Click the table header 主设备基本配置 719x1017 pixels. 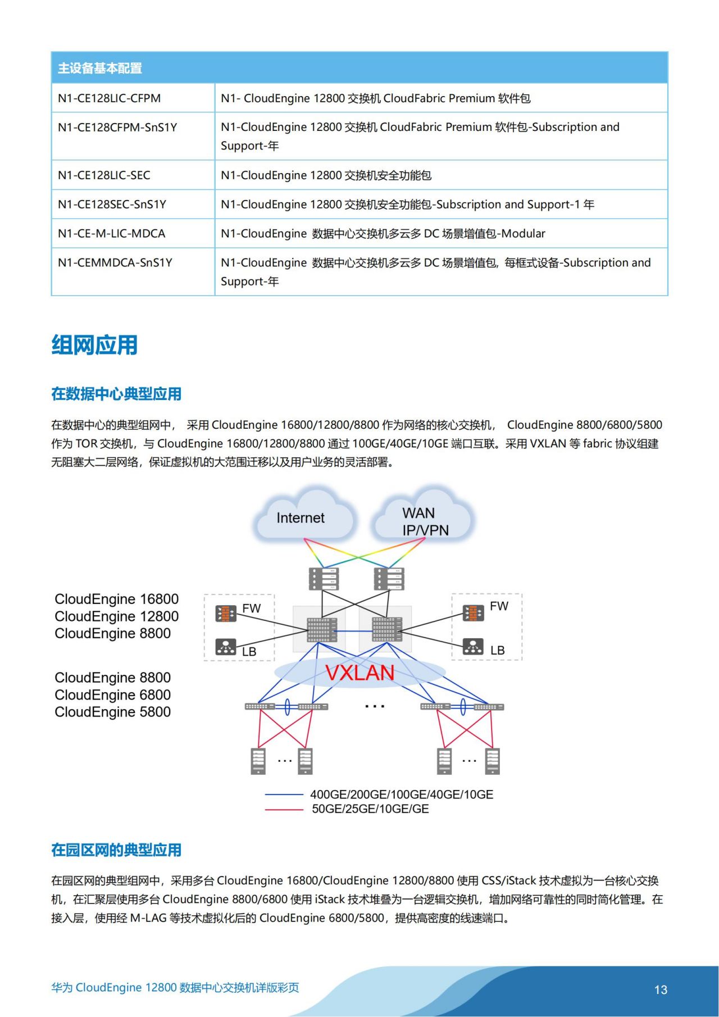(x=100, y=68)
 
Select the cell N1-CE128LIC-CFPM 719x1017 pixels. (x=109, y=98)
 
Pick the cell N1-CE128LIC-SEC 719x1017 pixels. (x=104, y=175)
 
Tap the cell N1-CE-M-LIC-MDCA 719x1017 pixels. (x=111, y=234)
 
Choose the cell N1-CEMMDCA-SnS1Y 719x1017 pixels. (x=115, y=263)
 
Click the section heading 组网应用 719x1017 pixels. (x=94, y=345)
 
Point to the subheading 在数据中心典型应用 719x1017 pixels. (x=116, y=394)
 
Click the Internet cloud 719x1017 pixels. (x=301, y=518)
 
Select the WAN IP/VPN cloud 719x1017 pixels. (x=425, y=521)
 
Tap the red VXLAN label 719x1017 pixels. (x=359, y=673)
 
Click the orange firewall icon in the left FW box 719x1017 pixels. (x=226, y=613)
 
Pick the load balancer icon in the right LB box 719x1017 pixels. (x=473, y=647)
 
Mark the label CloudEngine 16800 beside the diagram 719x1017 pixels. (x=116, y=599)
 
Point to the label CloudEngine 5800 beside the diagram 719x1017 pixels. (x=112, y=712)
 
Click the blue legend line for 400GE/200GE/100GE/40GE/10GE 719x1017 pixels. (x=284, y=794)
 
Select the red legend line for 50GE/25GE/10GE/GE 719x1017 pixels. (x=284, y=809)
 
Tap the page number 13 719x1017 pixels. (x=661, y=989)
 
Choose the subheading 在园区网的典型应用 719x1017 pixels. (x=116, y=850)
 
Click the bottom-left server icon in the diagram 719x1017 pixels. (x=258, y=761)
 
